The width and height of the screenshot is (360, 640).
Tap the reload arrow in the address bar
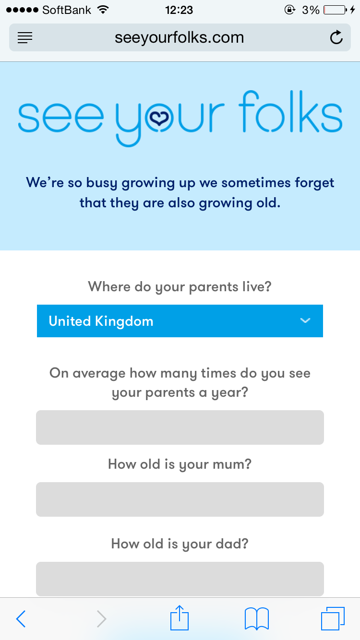pos(336,37)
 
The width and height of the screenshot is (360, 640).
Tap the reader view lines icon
pos(25,37)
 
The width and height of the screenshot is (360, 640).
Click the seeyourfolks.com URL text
pos(180,38)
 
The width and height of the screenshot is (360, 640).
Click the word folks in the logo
pos(290,111)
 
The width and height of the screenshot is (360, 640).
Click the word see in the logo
pos(61,118)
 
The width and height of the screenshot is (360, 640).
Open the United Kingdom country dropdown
pos(180,321)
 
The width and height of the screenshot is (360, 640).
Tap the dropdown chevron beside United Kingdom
pos(305,320)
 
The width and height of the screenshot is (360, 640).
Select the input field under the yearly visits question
pos(180,427)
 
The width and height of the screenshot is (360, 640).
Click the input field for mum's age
pos(180,499)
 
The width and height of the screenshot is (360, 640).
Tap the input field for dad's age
pos(180,579)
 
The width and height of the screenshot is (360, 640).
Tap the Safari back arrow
pos(21,619)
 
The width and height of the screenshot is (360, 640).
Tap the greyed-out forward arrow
pos(101,619)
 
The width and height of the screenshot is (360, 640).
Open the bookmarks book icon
pos(257,619)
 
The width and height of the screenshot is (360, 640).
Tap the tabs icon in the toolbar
pos(333,618)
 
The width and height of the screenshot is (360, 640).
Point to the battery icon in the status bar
pos(335,10)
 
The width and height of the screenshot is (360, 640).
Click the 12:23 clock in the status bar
pos(179,10)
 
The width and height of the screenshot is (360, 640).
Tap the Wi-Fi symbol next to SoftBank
pos(103,10)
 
